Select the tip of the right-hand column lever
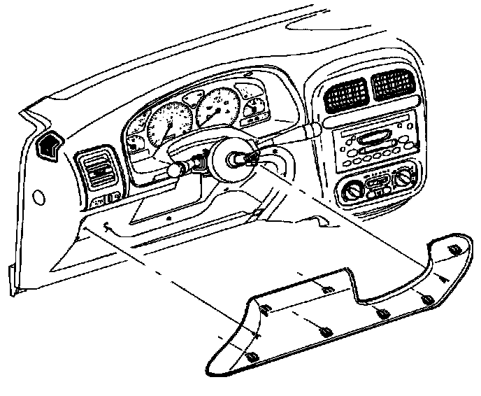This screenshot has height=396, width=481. click(315, 128)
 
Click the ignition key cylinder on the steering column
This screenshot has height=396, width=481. click(201, 165)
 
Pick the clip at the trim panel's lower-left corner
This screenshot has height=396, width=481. click(252, 357)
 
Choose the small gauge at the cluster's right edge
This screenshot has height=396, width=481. click(258, 106)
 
